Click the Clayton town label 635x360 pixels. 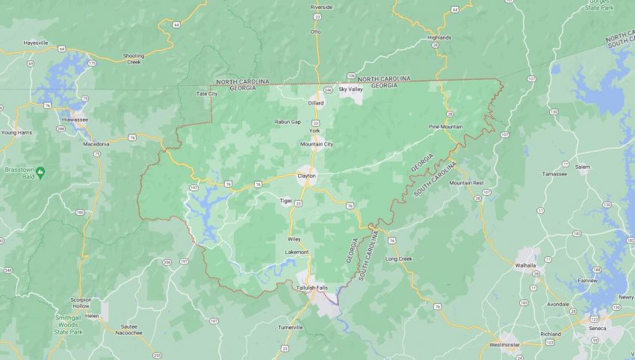pyautogui.click(x=306, y=176)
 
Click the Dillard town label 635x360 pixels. pyautogui.click(x=316, y=102)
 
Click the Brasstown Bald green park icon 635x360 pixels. pyautogui.click(x=40, y=173)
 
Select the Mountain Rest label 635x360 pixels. pyautogui.click(x=466, y=183)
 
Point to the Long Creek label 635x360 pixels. pyautogui.click(x=398, y=258)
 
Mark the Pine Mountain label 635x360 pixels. pyautogui.click(x=445, y=127)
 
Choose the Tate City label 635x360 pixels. pyautogui.click(x=206, y=93)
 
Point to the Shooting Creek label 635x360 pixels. pyautogui.click(x=133, y=58)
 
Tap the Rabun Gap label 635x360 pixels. pyautogui.click(x=288, y=122)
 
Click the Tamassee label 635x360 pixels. pyautogui.click(x=554, y=173)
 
